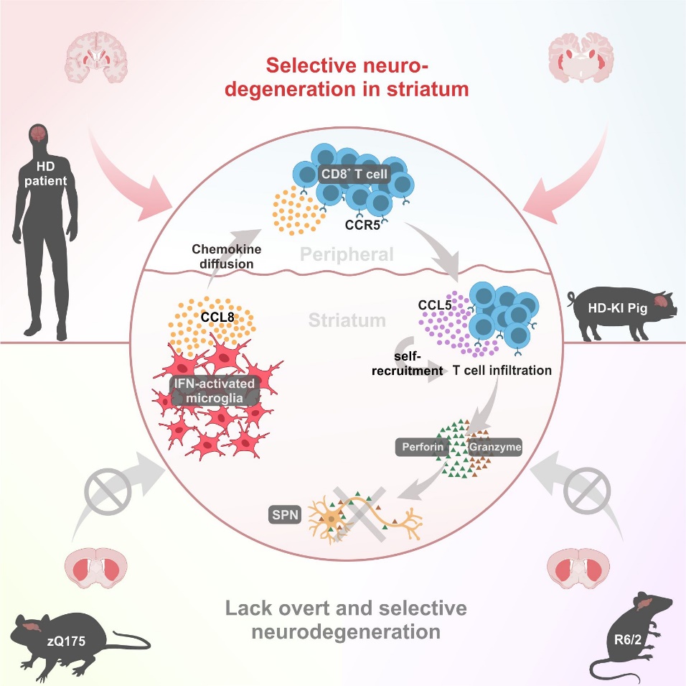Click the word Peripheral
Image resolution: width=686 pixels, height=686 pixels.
[347, 254]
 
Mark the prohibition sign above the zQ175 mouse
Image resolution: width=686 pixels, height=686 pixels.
[105, 493]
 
